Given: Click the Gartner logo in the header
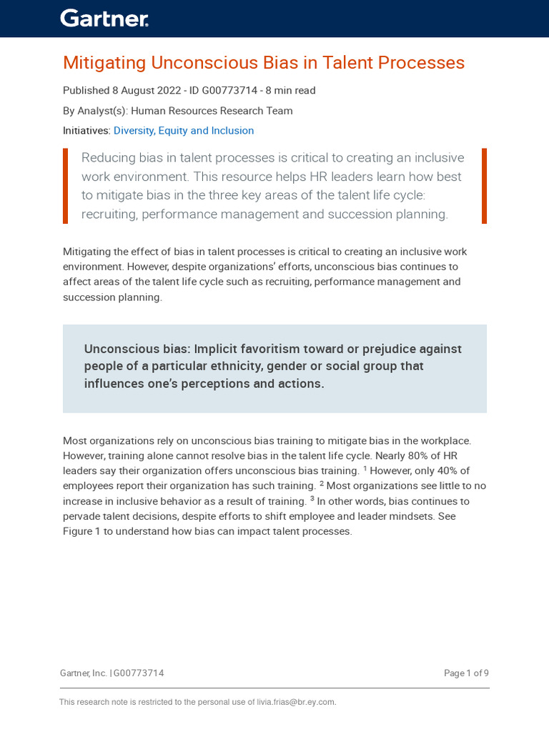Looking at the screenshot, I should (104, 19).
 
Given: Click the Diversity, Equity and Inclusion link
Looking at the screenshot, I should (184, 131).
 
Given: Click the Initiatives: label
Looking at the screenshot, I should (86, 131).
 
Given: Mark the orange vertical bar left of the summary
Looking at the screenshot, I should (66, 186).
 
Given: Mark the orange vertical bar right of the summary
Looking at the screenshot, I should (484, 186).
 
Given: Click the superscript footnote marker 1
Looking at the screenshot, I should (365, 468).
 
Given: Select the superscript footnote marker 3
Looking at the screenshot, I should (312, 498).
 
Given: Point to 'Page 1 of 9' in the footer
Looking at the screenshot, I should (466, 673).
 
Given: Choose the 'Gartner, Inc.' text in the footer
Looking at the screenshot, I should (83, 673).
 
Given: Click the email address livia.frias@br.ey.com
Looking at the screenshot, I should (296, 702).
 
